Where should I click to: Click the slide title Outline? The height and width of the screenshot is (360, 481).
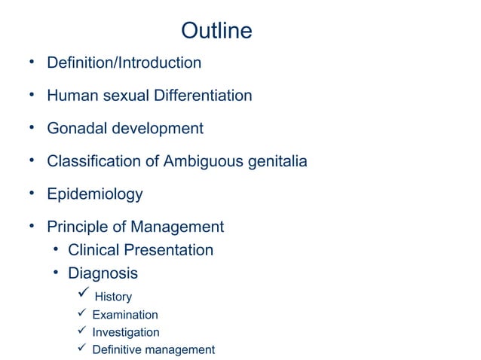[216, 31]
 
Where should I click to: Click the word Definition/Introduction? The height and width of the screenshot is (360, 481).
[124, 63]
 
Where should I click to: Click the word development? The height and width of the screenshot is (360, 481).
[158, 129]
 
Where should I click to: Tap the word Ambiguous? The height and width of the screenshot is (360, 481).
[200, 161]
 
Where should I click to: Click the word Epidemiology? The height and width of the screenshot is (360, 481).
[94, 194]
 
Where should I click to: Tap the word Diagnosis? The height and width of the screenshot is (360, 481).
[103, 273]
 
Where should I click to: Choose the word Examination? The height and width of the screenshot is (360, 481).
[125, 315]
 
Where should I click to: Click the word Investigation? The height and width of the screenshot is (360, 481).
[126, 332]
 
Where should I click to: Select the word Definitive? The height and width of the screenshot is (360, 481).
[118, 349]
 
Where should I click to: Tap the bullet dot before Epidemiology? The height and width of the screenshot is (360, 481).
[33, 193]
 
